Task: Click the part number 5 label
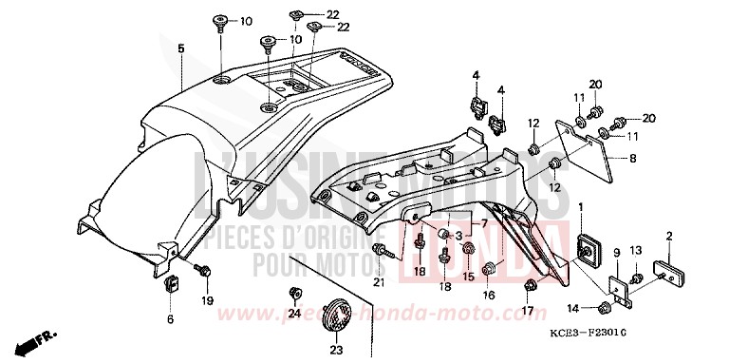point(180,47)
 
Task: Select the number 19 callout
point(208,303)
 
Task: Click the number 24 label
point(294,315)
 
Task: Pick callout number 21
point(379,282)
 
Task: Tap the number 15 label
point(468,277)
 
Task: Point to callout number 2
point(669,235)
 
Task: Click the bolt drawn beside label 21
point(383,251)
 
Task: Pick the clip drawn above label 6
point(174,283)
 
